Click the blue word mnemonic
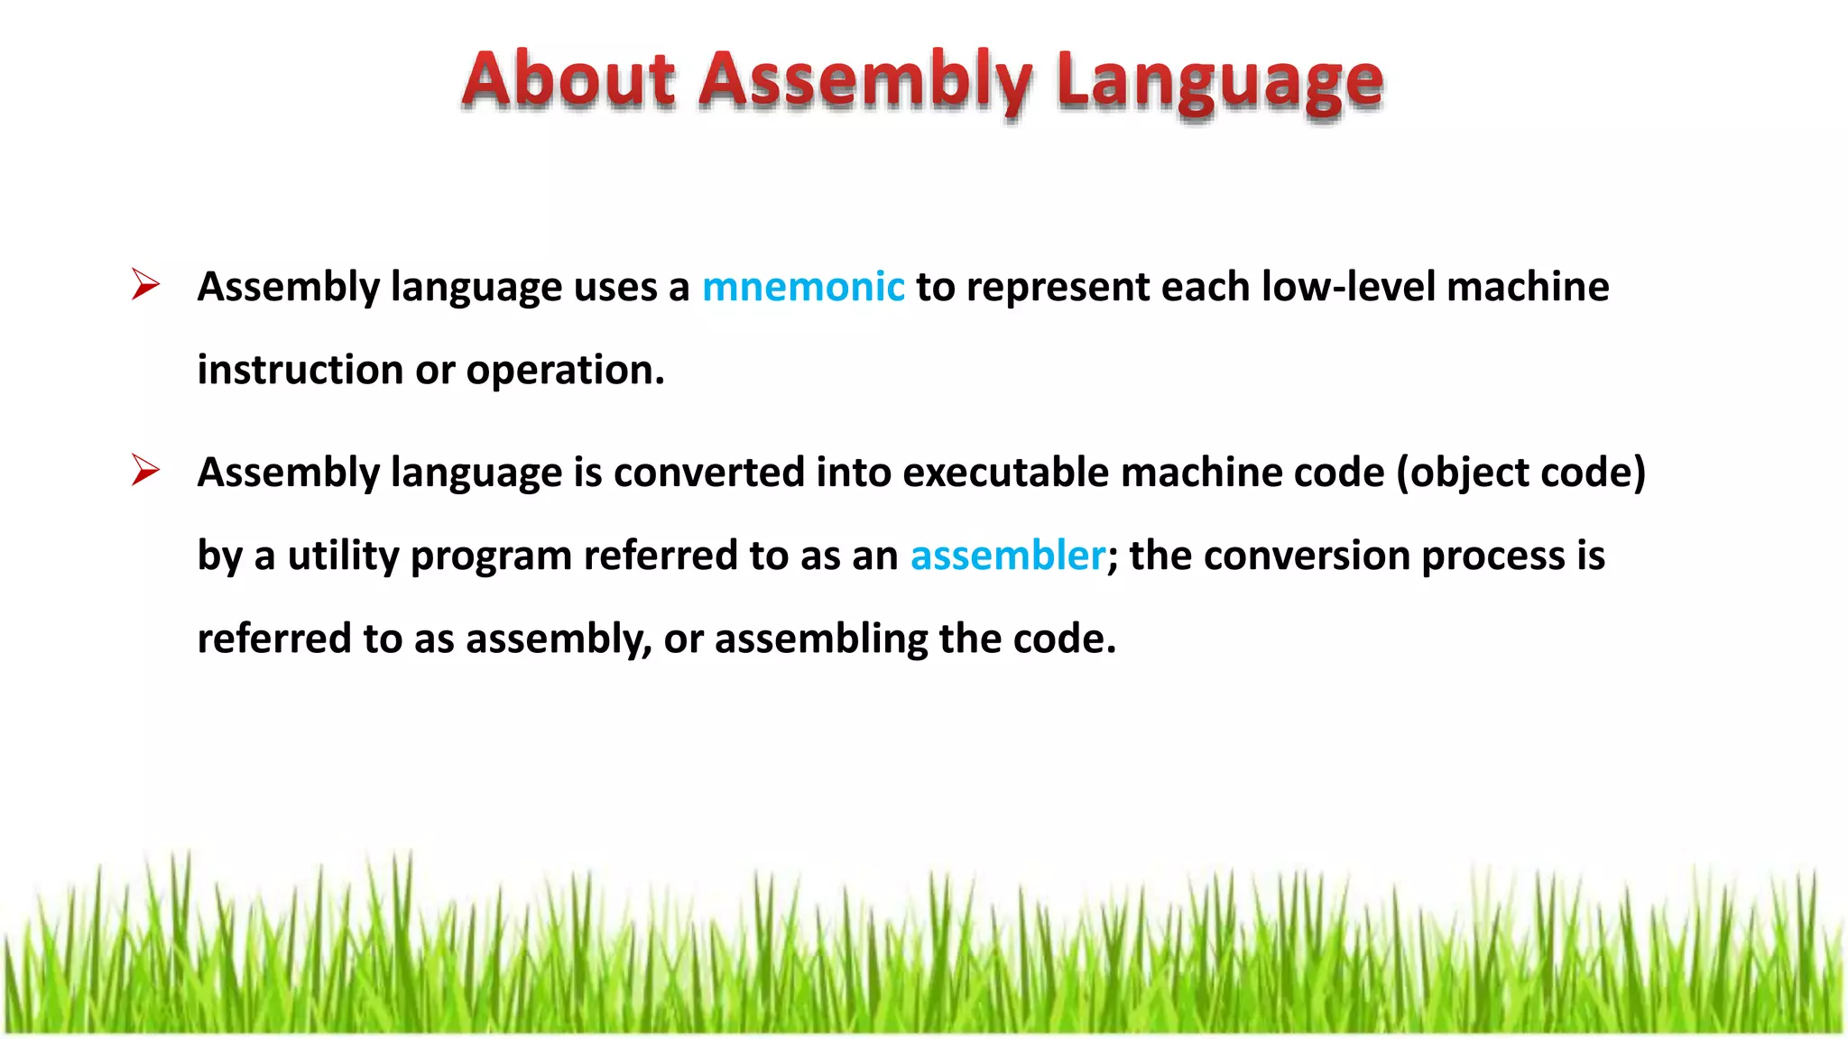[x=803, y=287]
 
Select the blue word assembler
[x=1008, y=556]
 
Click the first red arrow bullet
[x=144, y=285]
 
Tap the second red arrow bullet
[x=144, y=471]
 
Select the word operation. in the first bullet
[x=566, y=370]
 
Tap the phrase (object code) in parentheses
[x=1521, y=473]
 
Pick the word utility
[x=343, y=556]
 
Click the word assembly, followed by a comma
[x=559, y=639]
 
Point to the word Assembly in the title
[x=865, y=81]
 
